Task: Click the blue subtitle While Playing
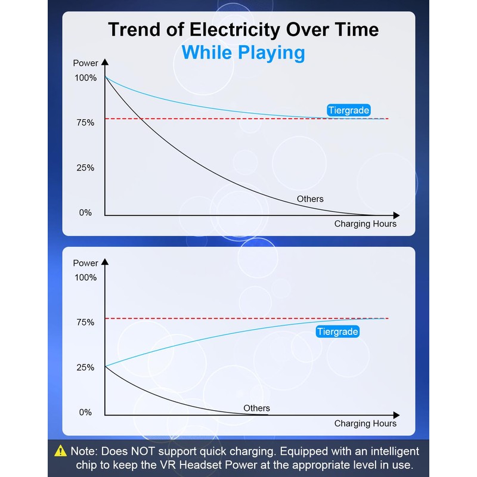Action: [x=243, y=52]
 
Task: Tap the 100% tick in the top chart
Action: [x=85, y=78]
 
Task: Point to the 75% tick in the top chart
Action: [x=85, y=123]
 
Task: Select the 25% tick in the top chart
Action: [x=85, y=168]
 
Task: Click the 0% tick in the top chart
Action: [x=85, y=213]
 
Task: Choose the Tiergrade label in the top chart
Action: [x=349, y=110]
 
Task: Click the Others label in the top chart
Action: [x=310, y=199]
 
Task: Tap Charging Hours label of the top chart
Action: [x=365, y=224]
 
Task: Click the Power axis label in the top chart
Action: [x=85, y=63]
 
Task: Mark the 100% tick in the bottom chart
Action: [x=85, y=278]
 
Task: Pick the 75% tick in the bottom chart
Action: [x=85, y=323]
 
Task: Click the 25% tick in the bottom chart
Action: [x=85, y=368]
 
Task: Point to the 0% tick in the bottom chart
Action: [x=85, y=413]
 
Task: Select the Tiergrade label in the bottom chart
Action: [x=337, y=332]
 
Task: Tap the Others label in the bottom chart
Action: [x=256, y=408]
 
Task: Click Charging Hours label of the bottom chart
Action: [x=365, y=424]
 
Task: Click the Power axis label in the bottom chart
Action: [x=85, y=263]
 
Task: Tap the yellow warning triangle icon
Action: [x=61, y=451]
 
